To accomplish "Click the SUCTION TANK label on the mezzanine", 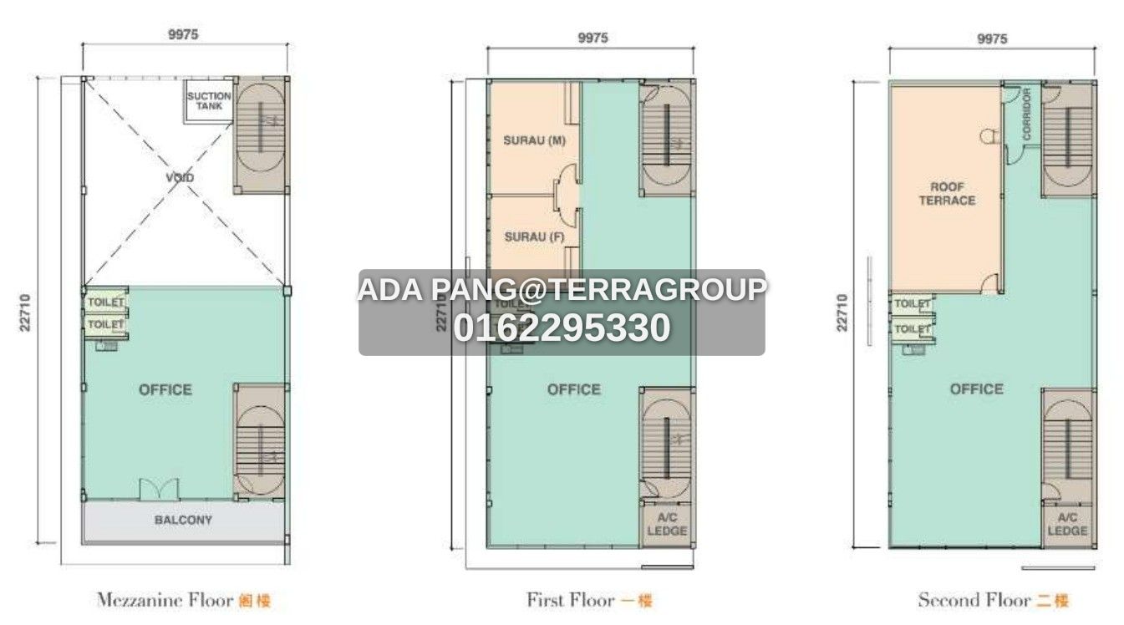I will (208, 101).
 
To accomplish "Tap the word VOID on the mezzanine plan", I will (180, 178).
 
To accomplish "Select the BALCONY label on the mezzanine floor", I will (183, 520).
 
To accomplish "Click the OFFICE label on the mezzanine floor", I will (165, 389).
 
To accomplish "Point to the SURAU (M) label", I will (534, 140).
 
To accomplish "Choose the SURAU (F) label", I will (534, 237).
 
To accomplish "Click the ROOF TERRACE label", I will (947, 194).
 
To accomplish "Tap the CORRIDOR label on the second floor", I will (1025, 114).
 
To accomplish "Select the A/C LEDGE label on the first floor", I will (667, 525).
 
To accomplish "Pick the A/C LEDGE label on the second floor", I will (1067, 525).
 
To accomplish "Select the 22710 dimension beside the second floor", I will (842, 312).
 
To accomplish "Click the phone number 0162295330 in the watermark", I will (562, 328).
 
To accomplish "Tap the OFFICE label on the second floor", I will (976, 389).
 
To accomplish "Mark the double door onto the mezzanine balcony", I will (158, 490).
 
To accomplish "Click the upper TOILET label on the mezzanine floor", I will (106, 302).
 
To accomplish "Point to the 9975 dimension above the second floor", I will (992, 38).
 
